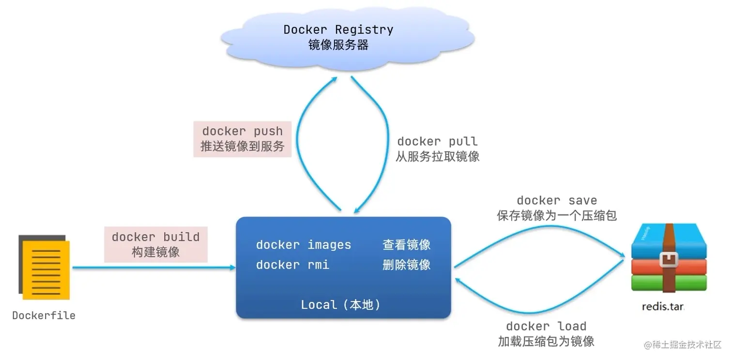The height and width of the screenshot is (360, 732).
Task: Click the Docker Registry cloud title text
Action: pyautogui.click(x=338, y=30)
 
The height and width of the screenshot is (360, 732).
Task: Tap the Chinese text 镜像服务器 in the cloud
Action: pyautogui.click(x=338, y=45)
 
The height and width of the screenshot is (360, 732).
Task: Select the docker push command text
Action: pyautogui.click(x=242, y=131)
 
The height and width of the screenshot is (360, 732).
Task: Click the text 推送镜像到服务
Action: pyautogui.click(x=242, y=146)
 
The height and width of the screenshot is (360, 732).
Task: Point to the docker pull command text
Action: pyautogui.click(x=437, y=141)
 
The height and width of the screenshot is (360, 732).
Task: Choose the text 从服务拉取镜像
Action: pyautogui.click(x=437, y=157)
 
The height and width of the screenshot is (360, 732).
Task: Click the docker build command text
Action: pyautogui.click(x=155, y=237)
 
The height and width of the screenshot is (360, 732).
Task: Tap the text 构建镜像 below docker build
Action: pyautogui.click(x=155, y=252)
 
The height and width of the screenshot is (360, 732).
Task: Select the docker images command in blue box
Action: pyautogui.click(x=304, y=245)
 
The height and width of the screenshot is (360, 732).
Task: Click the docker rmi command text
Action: pyautogui.click(x=292, y=265)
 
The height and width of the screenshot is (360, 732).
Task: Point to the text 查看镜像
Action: pyautogui.click(x=406, y=245)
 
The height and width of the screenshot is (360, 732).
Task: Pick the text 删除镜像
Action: pyautogui.click(x=406, y=265)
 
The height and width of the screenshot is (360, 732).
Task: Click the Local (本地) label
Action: pyautogui.click(x=341, y=305)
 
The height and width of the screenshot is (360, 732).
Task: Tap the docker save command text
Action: pyautogui.click(x=557, y=200)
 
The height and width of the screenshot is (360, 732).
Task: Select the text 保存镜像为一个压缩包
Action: pyautogui.click(x=557, y=215)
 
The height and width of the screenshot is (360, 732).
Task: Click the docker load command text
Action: pyautogui.click(x=546, y=326)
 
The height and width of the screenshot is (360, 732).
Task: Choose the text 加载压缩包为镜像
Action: pyautogui.click(x=546, y=342)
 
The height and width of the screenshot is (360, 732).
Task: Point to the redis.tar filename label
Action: pyautogui.click(x=662, y=307)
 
